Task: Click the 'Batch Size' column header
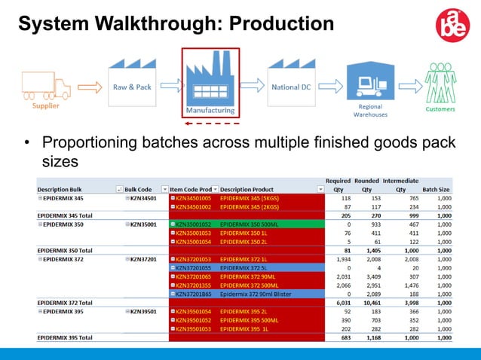pos(436,188)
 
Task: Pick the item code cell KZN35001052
pos(194,224)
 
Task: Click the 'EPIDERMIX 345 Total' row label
pos(65,215)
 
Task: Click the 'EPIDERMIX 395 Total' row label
pos(65,337)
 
